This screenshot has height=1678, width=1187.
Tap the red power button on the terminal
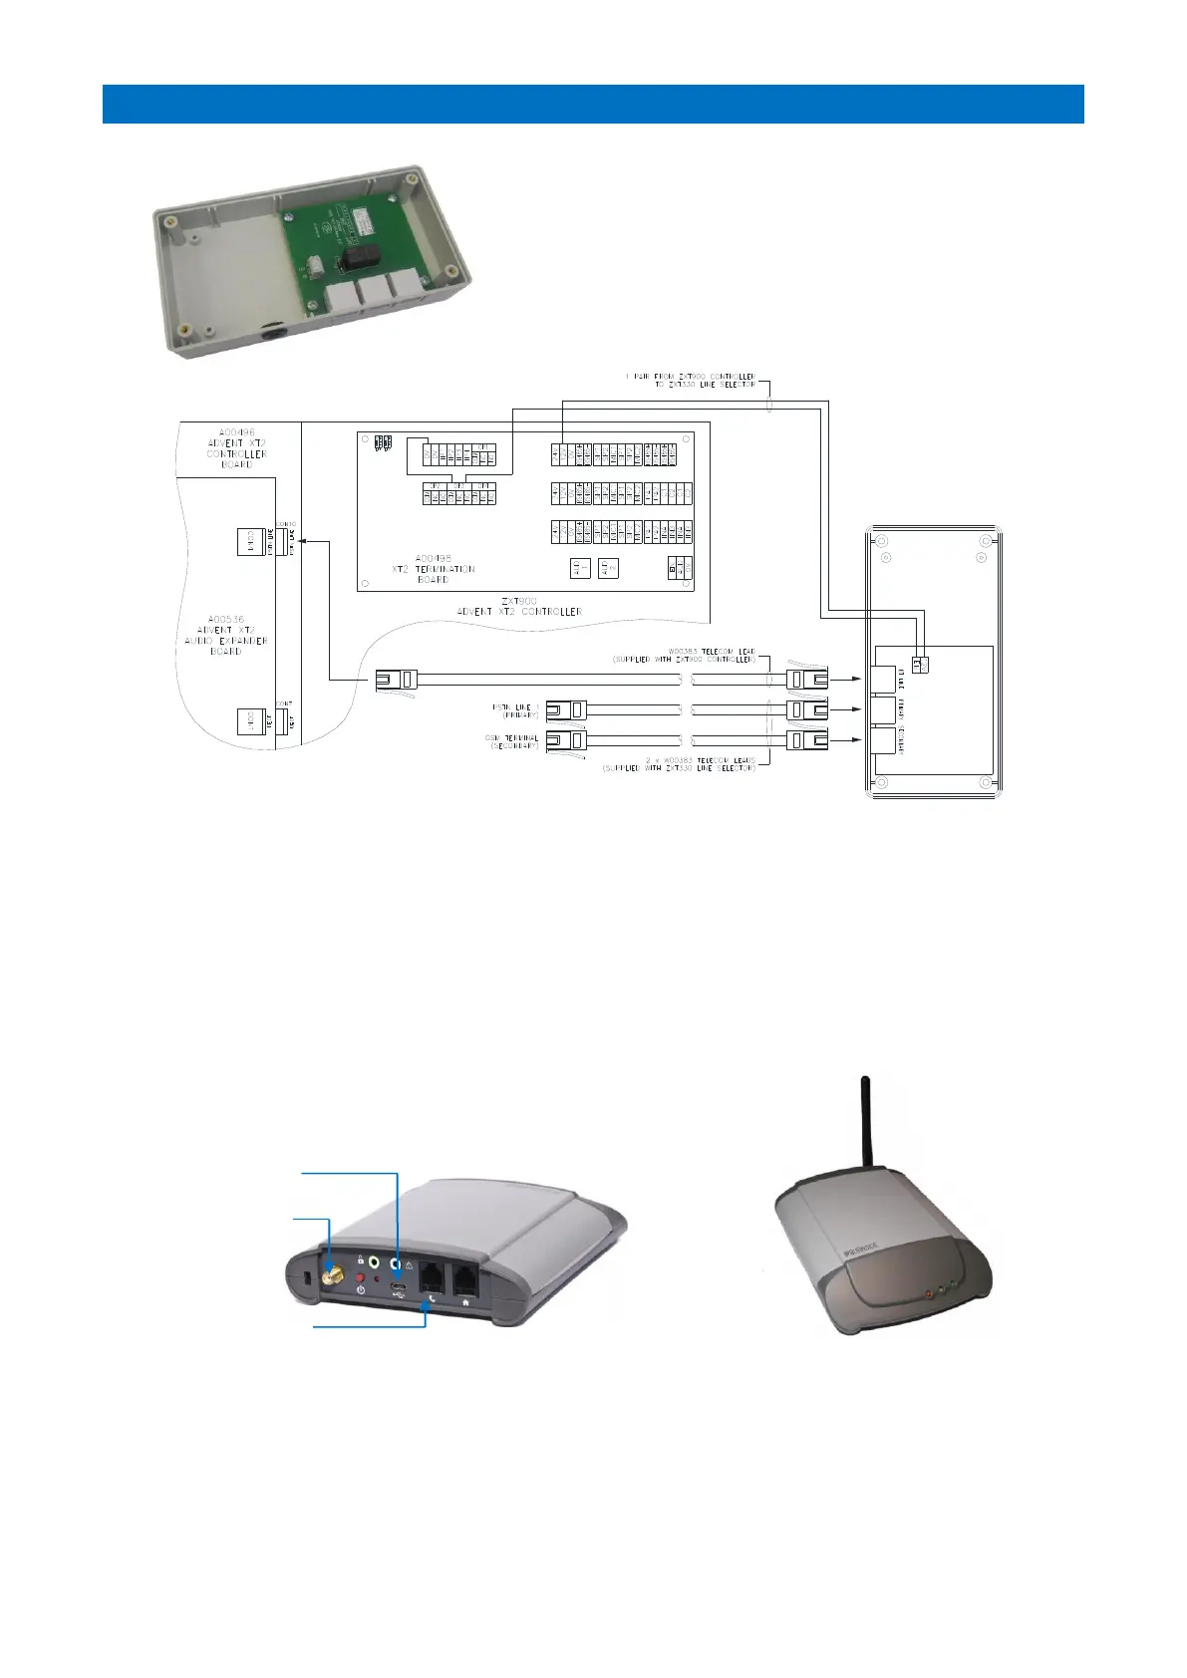pyautogui.click(x=360, y=1276)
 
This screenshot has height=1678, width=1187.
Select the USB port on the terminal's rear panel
pyautogui.click(x=398, y=1292)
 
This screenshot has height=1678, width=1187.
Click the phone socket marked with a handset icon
pyautogui.click(x=430, y=1279)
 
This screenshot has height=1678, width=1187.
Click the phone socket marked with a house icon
pyautogui.click(x=465, y=1279)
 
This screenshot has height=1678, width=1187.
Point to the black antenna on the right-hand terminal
pyautogui.click(x=867, y=1120)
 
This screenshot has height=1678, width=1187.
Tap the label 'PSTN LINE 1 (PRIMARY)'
pyautogui.click(x=515, y=710)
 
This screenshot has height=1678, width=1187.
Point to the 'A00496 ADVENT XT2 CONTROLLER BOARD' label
pyautogui.click(x=236, y=448)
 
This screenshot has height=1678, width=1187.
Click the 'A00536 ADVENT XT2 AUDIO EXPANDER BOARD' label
pyautogui.click(x=226, y=635)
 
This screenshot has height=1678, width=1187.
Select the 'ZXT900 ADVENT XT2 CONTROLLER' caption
pyautogui.click(x=518, y=606)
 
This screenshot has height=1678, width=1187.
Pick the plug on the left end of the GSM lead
pyautogui.click(x=566, y=740)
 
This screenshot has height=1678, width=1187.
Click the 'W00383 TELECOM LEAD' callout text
pyautogui.click(x=684, y=655)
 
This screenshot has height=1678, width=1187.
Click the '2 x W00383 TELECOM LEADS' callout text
pyautogui.click(x=679, y=764)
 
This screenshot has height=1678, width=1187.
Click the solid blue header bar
pyautogui.click(x=593, y=104)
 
